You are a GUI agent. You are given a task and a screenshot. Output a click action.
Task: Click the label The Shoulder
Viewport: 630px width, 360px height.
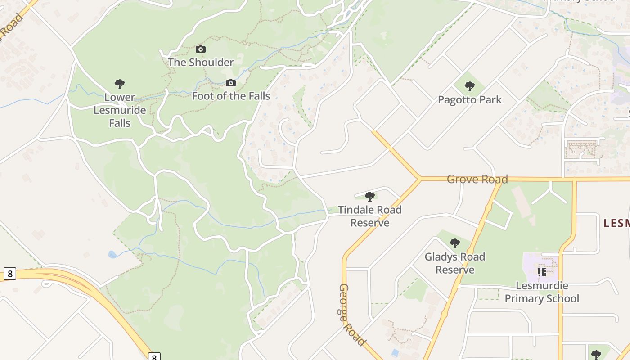click(x=201, y=62)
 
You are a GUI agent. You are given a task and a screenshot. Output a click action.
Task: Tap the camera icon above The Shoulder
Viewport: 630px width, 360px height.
click(x=201, y=49)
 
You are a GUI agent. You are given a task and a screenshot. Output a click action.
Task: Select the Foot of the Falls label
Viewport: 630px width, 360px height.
click(x=231, y=96)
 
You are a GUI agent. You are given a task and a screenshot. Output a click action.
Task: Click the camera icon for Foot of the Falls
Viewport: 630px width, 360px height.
click(x=231, y=83)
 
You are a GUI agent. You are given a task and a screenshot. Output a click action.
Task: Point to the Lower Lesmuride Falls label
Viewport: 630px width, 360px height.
click(x=120, y=110)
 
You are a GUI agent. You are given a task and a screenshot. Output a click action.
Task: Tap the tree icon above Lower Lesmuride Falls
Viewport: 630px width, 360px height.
click(x=120, y=84)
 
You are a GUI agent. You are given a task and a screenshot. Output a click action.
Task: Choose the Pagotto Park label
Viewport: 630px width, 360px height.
click(x=470, y=99)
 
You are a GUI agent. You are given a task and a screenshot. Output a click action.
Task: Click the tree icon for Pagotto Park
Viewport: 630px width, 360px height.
click(x=470, y=86)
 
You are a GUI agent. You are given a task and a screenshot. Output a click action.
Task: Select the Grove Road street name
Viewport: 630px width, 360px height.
click(x=477, y=179)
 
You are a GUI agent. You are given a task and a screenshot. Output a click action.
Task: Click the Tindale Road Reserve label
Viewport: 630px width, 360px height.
click(x=370, y=216)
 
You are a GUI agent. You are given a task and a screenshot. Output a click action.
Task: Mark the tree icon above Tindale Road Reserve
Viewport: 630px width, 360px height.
click(x=370, y=196)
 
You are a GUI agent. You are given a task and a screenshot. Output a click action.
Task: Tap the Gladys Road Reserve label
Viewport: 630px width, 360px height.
click(x=455, y=263)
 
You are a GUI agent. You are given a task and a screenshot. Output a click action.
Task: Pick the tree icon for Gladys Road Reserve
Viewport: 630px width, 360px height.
click(x=455, y=243)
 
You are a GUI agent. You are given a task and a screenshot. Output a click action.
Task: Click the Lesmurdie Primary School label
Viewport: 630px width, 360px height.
click(x=542, y=292)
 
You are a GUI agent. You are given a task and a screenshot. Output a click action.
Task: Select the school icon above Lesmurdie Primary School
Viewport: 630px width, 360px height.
click(x=542, y=272)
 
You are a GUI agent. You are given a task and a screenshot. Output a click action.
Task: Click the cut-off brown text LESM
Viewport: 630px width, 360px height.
click(x=616, y=223)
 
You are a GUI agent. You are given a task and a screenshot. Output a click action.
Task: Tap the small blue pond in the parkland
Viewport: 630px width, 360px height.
click(x=112, y=255)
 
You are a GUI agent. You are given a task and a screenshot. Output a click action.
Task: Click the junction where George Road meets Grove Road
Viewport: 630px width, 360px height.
click(x=420, y=179)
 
